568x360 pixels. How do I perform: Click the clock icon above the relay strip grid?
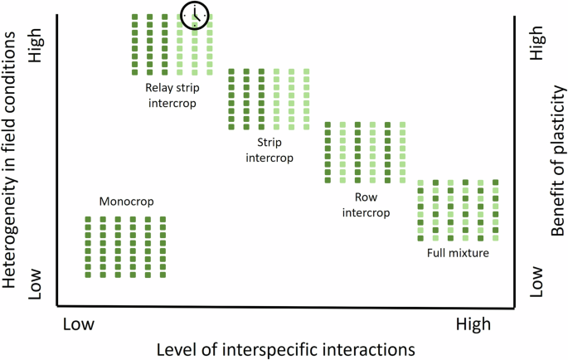click(195, 13)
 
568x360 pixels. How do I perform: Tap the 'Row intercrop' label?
click(365, 205)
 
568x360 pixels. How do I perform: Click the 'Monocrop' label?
click(126, 202)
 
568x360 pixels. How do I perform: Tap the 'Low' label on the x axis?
click(80, 322)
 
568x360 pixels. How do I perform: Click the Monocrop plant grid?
click(125, 246)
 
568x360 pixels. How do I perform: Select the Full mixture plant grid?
click(459, 210)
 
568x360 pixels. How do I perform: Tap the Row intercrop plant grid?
click(365, 152)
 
